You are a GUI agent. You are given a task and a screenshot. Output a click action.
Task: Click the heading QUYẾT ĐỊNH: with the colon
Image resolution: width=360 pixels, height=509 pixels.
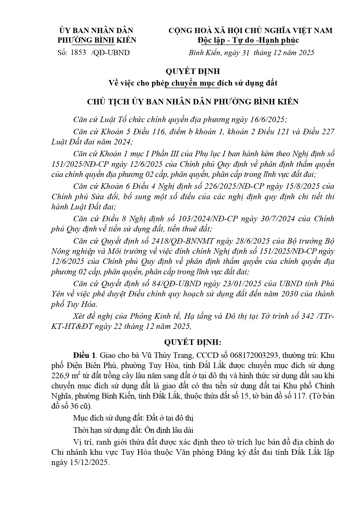[x=192, y=342]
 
